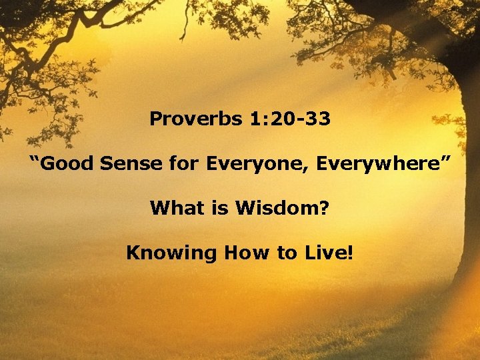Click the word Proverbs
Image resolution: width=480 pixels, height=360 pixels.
pos(187,120)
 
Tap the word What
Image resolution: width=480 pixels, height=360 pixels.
pos(173,209)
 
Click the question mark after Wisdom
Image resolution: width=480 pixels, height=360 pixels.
pos(324,209)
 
